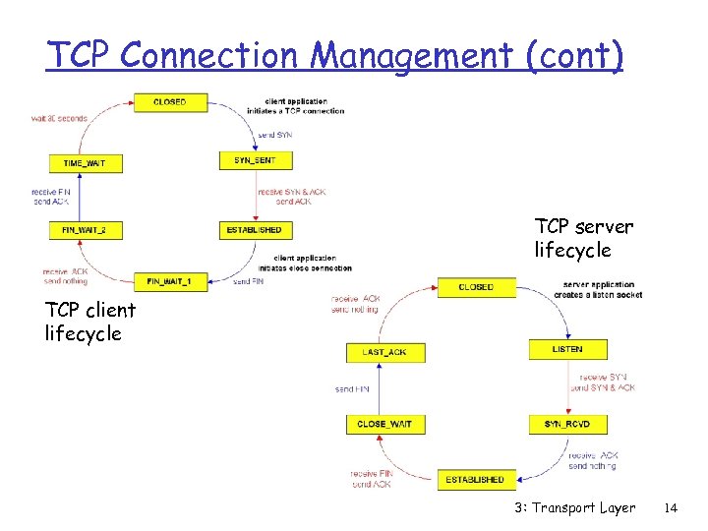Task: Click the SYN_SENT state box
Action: [256, 160]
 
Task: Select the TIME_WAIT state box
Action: [87, 163]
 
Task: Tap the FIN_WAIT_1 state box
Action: [170, 281]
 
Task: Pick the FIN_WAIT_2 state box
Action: [86, 230]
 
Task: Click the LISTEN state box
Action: [566, 349]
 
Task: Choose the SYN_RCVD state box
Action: [566, 424]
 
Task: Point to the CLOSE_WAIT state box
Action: [385, 424]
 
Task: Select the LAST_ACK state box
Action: [385, 352]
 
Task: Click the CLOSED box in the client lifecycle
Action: [169, 102]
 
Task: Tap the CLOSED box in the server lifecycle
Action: [476, 287]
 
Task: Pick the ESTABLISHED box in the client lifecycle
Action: [256, 230]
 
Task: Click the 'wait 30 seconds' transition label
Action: [59, 118]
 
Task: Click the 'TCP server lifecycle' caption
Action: [583, 238]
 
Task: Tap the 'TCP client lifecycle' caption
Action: [90, 322]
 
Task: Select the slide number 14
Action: [672, 508]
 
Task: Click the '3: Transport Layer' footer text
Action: [574, 508]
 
